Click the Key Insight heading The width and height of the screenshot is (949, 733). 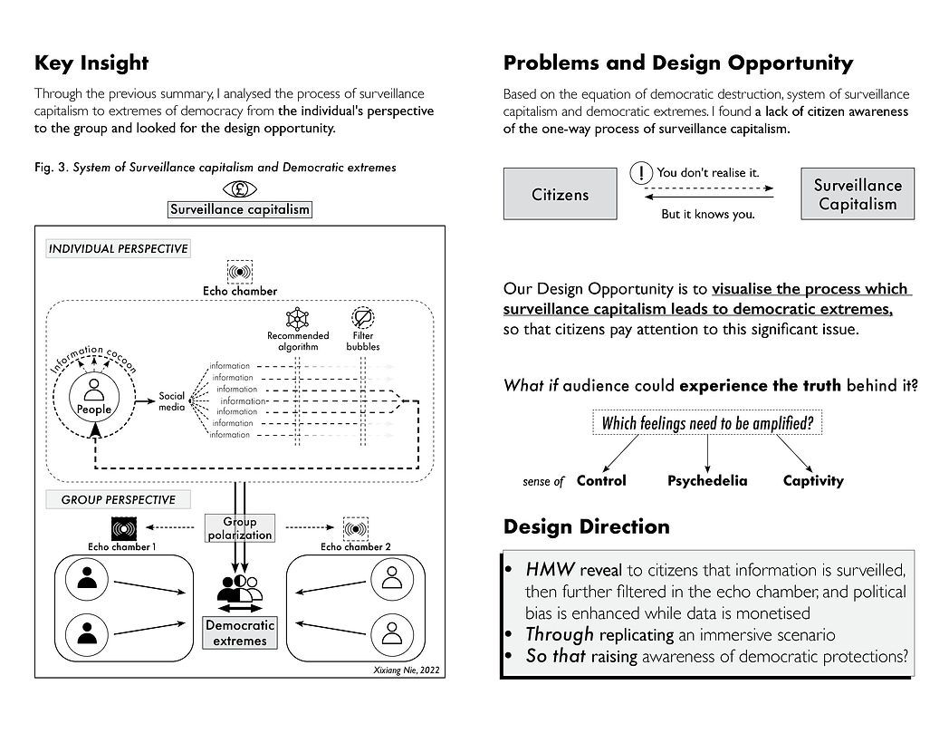(91, 63)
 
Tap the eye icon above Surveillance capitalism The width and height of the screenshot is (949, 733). (240, 189)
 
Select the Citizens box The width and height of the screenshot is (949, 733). (560, 194)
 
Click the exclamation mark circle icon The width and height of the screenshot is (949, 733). (641, 173)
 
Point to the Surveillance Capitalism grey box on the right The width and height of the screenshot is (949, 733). (858, 194)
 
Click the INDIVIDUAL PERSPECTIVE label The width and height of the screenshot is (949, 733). (118, 249)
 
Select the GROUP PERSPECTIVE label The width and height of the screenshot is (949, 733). (118, 500)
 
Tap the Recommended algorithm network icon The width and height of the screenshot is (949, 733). (297, 318)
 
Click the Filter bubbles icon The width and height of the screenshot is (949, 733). (362, 318)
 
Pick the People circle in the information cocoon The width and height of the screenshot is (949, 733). (94, 397)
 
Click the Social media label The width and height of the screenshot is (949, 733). (171, 401)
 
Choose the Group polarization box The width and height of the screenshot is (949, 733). (240, 528)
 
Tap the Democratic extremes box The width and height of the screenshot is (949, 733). (240, 632)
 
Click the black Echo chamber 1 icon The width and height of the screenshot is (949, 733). (124, 528)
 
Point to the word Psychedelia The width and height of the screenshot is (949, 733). (707, 480)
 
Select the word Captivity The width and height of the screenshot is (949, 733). (813, 480)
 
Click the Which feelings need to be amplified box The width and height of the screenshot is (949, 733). (707, 423)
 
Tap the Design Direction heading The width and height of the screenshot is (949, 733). (587, 526)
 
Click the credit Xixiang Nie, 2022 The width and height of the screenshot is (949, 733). (407, 670)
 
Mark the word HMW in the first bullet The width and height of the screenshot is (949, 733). (550, 569)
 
